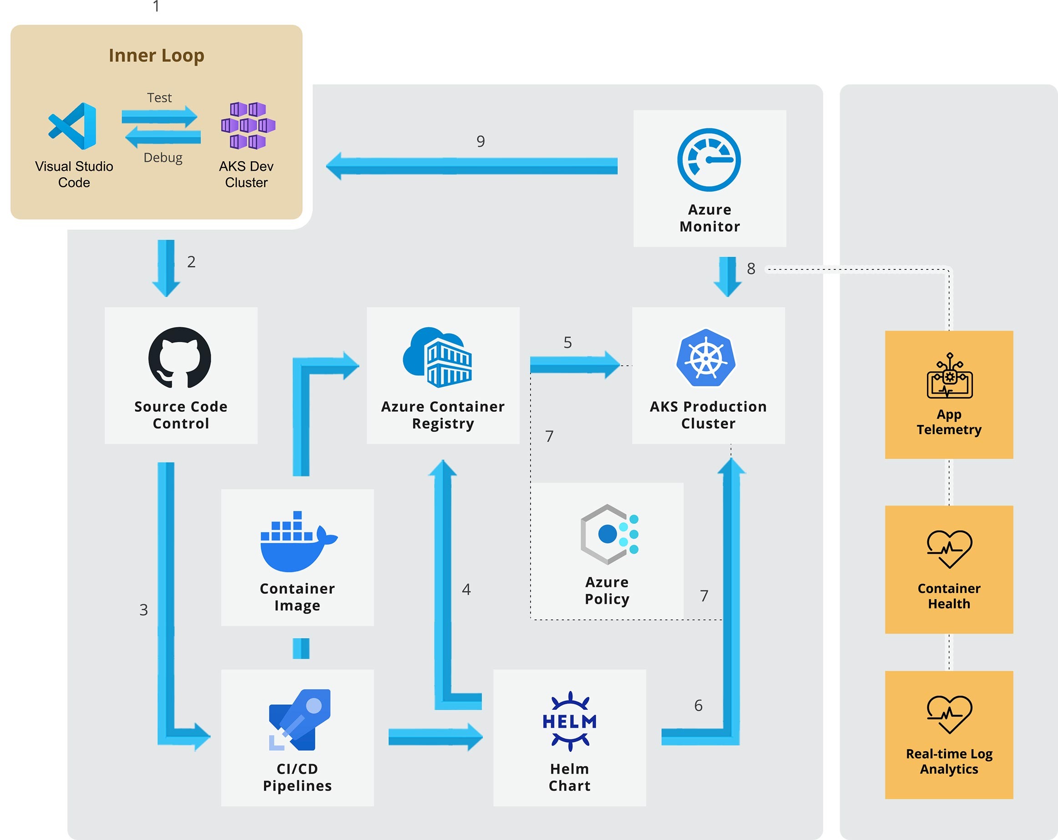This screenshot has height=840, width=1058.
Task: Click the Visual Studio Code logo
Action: (x=73, y=126)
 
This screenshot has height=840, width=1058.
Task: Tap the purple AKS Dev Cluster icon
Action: (x=248, y=125)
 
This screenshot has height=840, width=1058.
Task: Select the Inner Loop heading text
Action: (x=156, y=56)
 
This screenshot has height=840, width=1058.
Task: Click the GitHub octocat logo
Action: (x=180, y=358)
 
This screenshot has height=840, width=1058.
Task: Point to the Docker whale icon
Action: (x=297, y=542)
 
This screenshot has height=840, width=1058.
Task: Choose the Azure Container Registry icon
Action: (x=437, y=358)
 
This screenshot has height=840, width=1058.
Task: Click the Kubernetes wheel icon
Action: (x=706, y=358)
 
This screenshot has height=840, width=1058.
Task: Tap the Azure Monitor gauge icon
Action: (x=709, y=160)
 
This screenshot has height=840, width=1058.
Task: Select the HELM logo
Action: (x=569, y=721)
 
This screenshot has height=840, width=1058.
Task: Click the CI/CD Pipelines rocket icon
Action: (x=299, y=720)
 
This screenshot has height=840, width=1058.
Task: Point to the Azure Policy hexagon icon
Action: (x=608, y=534)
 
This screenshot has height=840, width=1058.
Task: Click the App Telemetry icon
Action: (x=949, y=376)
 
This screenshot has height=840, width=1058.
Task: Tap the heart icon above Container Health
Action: (x=949, y=549)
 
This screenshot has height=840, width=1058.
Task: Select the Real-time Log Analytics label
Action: (x=949, y=761)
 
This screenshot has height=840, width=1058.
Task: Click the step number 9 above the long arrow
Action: (x=481, y=142)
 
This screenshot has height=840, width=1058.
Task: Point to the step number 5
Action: (x=567, y=343)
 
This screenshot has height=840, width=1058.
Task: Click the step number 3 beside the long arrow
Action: (x=143, y=610)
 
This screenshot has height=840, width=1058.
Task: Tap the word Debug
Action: (x=163, y=157)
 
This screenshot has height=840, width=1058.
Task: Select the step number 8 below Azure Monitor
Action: (x=751, y=268)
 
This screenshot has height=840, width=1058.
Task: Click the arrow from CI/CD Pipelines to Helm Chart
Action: (x=435, y=737)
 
